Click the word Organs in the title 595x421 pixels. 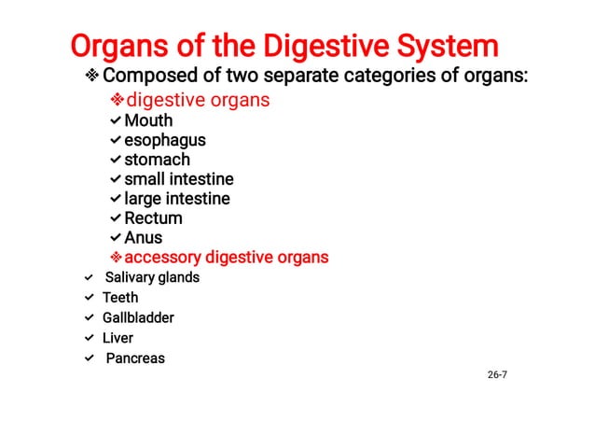(114, 46)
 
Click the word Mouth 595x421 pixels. (148, 120)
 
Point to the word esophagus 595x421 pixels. (165, 140)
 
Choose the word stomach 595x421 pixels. (157, 160)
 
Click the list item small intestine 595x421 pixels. (179, 179)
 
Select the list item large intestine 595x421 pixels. (177, 199)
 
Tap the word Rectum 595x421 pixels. (153, 218)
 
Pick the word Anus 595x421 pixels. (144, 238)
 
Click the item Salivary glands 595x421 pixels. (152, 277)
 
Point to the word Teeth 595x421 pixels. (120, 298)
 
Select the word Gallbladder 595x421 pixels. (138, 317)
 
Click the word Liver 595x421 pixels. (118, 338)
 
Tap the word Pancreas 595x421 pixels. (134, 358)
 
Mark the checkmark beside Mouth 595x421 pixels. (115, 120)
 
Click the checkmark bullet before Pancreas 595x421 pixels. (89, 358)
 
